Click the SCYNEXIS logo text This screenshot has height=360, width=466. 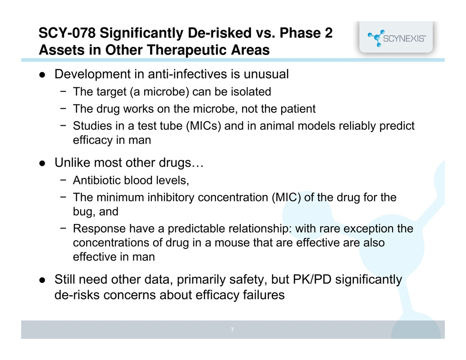pyautogui.click(x=404, y=39)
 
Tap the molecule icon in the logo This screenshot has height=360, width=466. pyautogui.click(x=376, y=38)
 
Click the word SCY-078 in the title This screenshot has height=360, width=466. pyautogui.click(x=67, y=33)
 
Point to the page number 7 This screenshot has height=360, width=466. pyautogui.click(x=232, y=330)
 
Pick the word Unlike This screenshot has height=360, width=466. pyautogui.click(x=72, y=163)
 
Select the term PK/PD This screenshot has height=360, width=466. pyautogui.click(x=312, y=279)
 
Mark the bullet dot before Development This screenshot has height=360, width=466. pyautogui.click(x=42, y=75)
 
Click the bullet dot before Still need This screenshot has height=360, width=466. pyautogui.click(x=42, y=280)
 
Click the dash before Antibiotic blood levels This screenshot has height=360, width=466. pyautogui.click(x=63, y=180)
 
